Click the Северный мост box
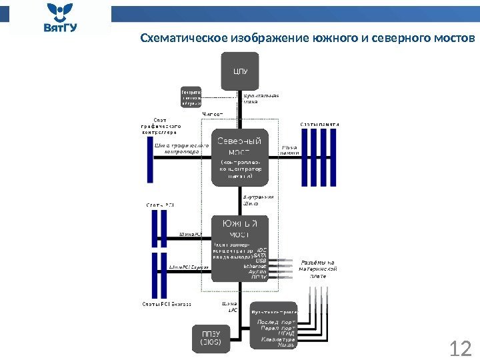[240, 157]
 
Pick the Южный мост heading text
[239, 228]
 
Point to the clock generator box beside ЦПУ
[191, 97]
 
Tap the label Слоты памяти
[320, 124]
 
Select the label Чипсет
[213, 115]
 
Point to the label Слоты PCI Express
[167, 304]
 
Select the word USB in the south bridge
[261, 260]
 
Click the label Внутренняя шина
[258, 200]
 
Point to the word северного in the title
[399, 37]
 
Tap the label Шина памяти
[289, 150]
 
